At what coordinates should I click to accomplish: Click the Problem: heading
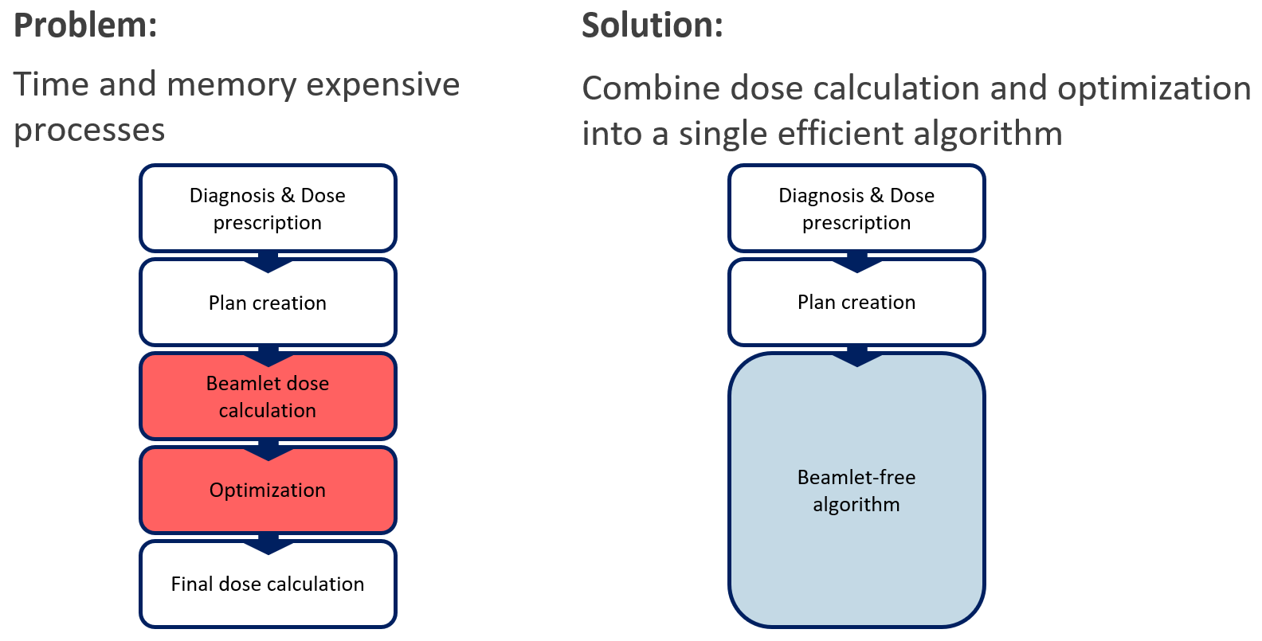[85, 26]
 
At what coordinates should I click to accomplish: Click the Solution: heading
[653, 26]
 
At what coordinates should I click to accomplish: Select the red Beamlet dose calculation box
[268, 397]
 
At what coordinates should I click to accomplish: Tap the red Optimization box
[268, 490]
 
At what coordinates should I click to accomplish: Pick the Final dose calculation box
[268, 584]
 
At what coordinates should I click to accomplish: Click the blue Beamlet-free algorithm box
[856, 490]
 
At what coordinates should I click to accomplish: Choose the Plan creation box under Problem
[268, 303]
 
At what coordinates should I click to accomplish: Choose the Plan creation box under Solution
[856, 303]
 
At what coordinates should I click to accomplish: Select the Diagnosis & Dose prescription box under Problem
[268, 209]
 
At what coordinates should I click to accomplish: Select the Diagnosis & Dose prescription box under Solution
[856, 209]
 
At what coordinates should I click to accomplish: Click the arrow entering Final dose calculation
[268, 544]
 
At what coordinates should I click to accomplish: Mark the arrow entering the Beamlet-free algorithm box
[857, 357]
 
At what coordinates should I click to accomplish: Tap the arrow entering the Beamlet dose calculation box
[268, 357]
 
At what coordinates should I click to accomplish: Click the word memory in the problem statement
[231, 86]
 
